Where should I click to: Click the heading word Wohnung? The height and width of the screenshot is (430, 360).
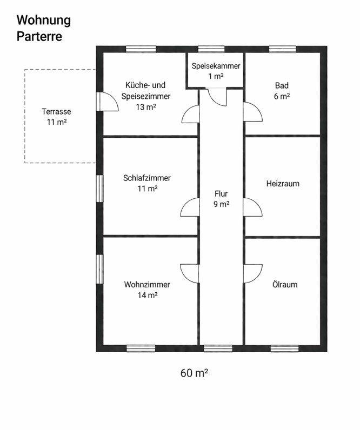[x=44, y=21]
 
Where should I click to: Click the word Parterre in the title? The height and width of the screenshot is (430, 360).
[x=39, y=37]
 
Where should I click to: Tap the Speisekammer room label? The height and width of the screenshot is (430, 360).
[x=216, y=66]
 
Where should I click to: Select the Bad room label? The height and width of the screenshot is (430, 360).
[x=282, y=85]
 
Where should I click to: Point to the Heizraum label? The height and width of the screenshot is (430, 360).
[x=283, y=184]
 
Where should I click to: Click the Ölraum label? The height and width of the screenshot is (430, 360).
[x=285, y=285]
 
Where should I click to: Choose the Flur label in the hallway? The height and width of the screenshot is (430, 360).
[x=221, y=193]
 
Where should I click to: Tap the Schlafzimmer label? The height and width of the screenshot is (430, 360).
[x=147, y=178]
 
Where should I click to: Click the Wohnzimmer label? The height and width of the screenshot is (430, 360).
[x=147, y=285]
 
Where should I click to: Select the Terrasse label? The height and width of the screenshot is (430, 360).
[x=56, y=112]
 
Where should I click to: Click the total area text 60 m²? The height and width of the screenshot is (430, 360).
[x=195, y=373]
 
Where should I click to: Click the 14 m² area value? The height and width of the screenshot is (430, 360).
[x=147, y=295]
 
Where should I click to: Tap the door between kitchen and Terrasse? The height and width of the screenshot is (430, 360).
[x=107, y=101]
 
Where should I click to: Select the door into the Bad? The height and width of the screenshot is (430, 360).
[x=252, y=112]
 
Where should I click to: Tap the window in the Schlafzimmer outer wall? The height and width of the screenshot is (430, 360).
[x=99, y=189]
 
